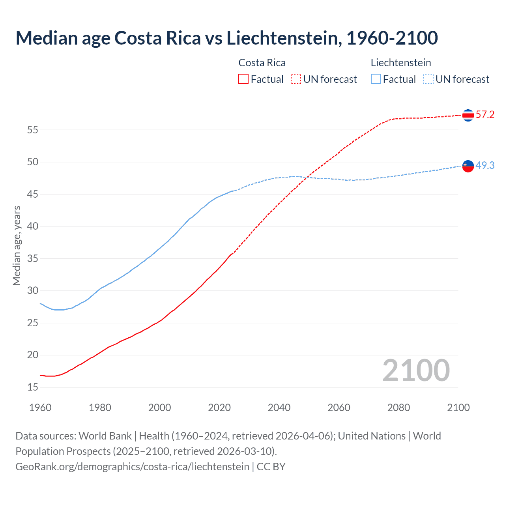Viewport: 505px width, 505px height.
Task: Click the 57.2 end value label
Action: (485, 115)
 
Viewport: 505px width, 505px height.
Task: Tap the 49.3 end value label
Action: (485, 166)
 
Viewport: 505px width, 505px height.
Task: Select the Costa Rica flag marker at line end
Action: (468, 115)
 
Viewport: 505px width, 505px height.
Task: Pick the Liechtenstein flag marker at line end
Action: (468, 166)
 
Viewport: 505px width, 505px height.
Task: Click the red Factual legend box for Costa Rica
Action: (243, 79)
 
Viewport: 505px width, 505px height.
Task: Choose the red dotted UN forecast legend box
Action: (296, 79)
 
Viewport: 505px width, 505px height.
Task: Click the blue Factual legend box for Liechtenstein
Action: (376, 79)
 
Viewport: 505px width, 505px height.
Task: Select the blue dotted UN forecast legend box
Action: (428, 79)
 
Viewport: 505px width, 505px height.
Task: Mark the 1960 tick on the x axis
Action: (40, 408)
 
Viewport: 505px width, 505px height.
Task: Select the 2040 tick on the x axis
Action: (279, 408)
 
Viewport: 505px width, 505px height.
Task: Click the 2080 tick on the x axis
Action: (398, 408)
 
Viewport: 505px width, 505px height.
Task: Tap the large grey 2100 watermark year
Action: (416, 370)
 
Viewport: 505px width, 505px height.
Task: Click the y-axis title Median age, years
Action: (17, 245)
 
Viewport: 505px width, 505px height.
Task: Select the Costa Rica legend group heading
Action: (262, 63)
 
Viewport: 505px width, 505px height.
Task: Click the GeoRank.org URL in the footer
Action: (132, 467)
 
